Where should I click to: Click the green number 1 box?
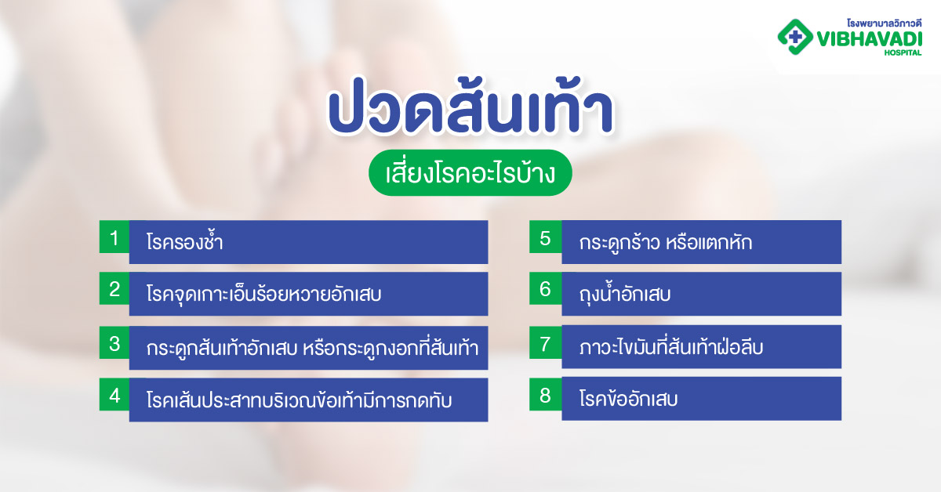coord(114,237)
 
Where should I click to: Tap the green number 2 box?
coord(114,289)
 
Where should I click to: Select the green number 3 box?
coord(114,342)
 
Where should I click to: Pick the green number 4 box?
coord(114,396)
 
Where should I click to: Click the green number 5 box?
coord(545,237)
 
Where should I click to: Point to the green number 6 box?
coord(545,289)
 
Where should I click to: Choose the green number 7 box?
coord(545,342)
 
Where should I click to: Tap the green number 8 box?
coord(545,396)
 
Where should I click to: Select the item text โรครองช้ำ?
coord(185,242)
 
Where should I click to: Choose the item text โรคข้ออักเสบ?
coord(629,399)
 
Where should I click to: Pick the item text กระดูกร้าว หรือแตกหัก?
coord(666,242)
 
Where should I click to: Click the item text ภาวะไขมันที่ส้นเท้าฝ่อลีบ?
coord(671,347)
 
